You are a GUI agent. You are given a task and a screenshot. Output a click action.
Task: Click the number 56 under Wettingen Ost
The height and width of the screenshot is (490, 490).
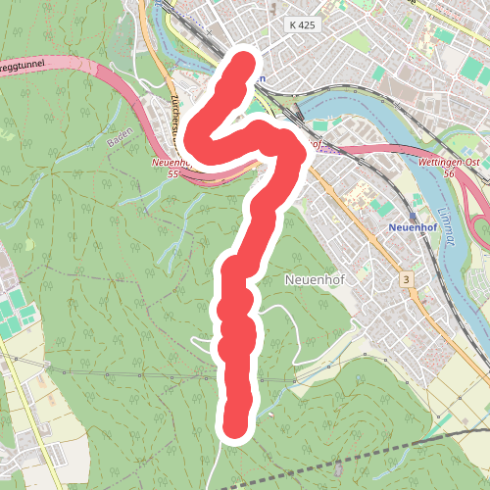pyautogui.click(x=450, y=172)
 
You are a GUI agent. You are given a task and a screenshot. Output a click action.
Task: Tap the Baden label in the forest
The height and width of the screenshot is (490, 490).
pyautogui.click(x=119, y=143)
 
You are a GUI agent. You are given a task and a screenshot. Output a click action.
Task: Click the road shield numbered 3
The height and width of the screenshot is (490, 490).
pyautogui.click(x=405, y=280)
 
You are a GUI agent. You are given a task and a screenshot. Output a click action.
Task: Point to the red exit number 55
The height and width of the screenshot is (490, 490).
pyautogui.click(x=172, y=173)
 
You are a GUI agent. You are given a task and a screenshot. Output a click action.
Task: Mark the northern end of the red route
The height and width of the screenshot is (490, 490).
pyautogui.click(x=242, y=65)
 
